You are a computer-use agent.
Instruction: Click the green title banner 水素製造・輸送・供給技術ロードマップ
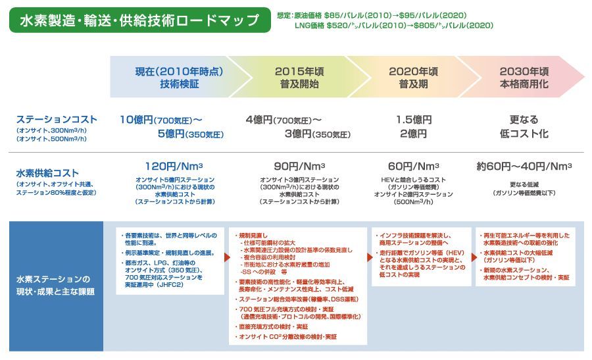click(x=139, y=20)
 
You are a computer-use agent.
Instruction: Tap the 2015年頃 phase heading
click(x=299, y=72)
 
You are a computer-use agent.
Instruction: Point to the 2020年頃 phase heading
click(x=413, y=72)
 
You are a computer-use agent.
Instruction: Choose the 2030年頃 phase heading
click(x=524, y=72)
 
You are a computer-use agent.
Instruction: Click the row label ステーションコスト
click(x=57, y=120)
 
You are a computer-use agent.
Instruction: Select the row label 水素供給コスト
click(x=48, y=174)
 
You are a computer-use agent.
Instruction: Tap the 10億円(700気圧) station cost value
click(x=160, y=120)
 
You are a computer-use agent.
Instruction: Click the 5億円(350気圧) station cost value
click(x=190, y=134)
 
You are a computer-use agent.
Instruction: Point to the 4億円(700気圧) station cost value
click(x=284, y=120)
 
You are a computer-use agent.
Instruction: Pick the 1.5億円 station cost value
click(x=414, y=120)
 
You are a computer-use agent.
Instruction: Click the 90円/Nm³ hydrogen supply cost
click(x=299, y=166)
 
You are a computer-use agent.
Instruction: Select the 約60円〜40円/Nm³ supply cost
click(x=524, y=166)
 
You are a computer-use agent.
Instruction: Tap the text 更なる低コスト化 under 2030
click(x=524, y=127)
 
